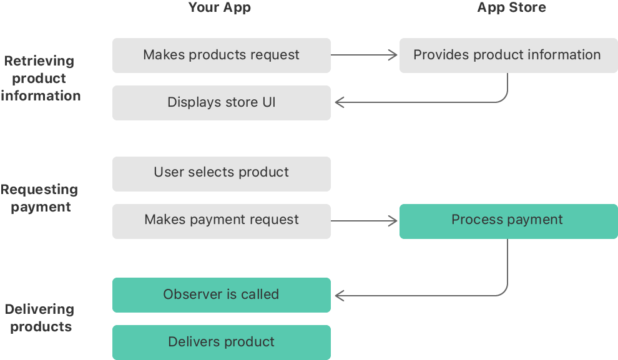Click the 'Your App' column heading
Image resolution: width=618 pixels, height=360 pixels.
pos(220,8)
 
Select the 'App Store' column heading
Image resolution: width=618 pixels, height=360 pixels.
pos(511,8)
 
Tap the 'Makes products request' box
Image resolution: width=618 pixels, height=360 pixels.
pos(221,55)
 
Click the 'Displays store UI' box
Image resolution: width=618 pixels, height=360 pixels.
pos(221,102)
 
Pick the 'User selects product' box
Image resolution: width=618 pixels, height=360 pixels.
pos(221,173)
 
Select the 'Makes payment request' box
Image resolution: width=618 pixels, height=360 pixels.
pos(221,220)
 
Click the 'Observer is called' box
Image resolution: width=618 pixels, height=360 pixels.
pos(221,294)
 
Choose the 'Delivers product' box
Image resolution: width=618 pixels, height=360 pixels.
pos(221,342)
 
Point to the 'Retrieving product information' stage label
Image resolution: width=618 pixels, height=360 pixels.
pos(41,79)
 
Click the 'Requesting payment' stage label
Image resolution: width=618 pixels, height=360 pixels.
pos(40,198)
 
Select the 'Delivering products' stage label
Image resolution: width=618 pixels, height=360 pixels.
pos(40,318)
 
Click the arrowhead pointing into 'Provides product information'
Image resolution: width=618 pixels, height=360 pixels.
pos(394,55)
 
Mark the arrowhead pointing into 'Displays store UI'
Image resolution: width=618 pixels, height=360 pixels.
pos(338,102)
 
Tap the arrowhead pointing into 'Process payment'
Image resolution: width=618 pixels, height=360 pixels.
pos(394,220)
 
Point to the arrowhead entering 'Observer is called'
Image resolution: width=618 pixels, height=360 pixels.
pos(338,294)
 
